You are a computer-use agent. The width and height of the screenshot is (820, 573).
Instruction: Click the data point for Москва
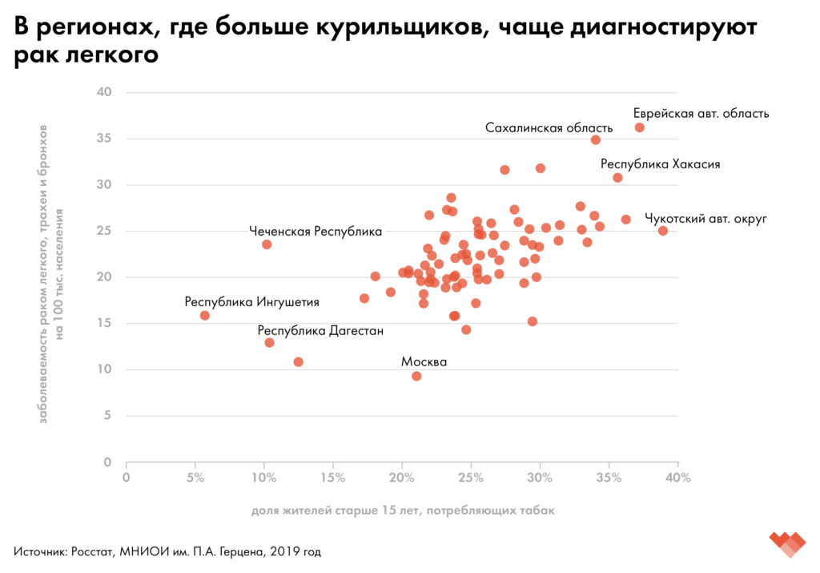tap(416, 376)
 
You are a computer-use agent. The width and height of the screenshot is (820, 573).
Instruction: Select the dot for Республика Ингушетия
tap(205, 316)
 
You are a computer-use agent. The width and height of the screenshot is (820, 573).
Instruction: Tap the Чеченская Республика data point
tap(267, 244)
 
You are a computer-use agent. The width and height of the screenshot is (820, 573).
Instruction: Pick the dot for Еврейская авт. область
tap(640, 127)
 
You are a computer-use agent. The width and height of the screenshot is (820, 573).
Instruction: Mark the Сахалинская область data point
tap(596, 139)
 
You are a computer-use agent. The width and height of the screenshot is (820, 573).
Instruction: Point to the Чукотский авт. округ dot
tap(663, 231)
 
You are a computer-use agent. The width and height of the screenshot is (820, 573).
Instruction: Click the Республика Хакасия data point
tap(617, 178)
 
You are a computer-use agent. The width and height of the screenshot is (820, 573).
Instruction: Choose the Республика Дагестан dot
tap(270, 342)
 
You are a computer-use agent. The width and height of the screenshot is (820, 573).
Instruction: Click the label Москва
tap(424, 361)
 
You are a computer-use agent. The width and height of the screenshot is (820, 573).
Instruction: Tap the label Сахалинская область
tap(549, 127)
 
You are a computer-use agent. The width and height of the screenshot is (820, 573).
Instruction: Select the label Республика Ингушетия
tap(252, 302)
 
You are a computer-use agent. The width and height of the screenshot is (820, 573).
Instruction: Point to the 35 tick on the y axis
tap(103, 139)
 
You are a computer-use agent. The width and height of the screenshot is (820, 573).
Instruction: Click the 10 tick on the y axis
tap(103, 369)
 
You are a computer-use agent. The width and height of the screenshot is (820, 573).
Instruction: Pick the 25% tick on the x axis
tap(471, 478)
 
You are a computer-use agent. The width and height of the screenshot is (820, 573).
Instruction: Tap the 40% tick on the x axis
tap(677, 478)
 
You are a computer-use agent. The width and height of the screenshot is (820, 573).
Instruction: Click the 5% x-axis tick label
tap(195, 478)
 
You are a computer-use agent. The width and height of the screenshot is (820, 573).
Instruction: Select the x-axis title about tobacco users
tap(402, 510)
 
